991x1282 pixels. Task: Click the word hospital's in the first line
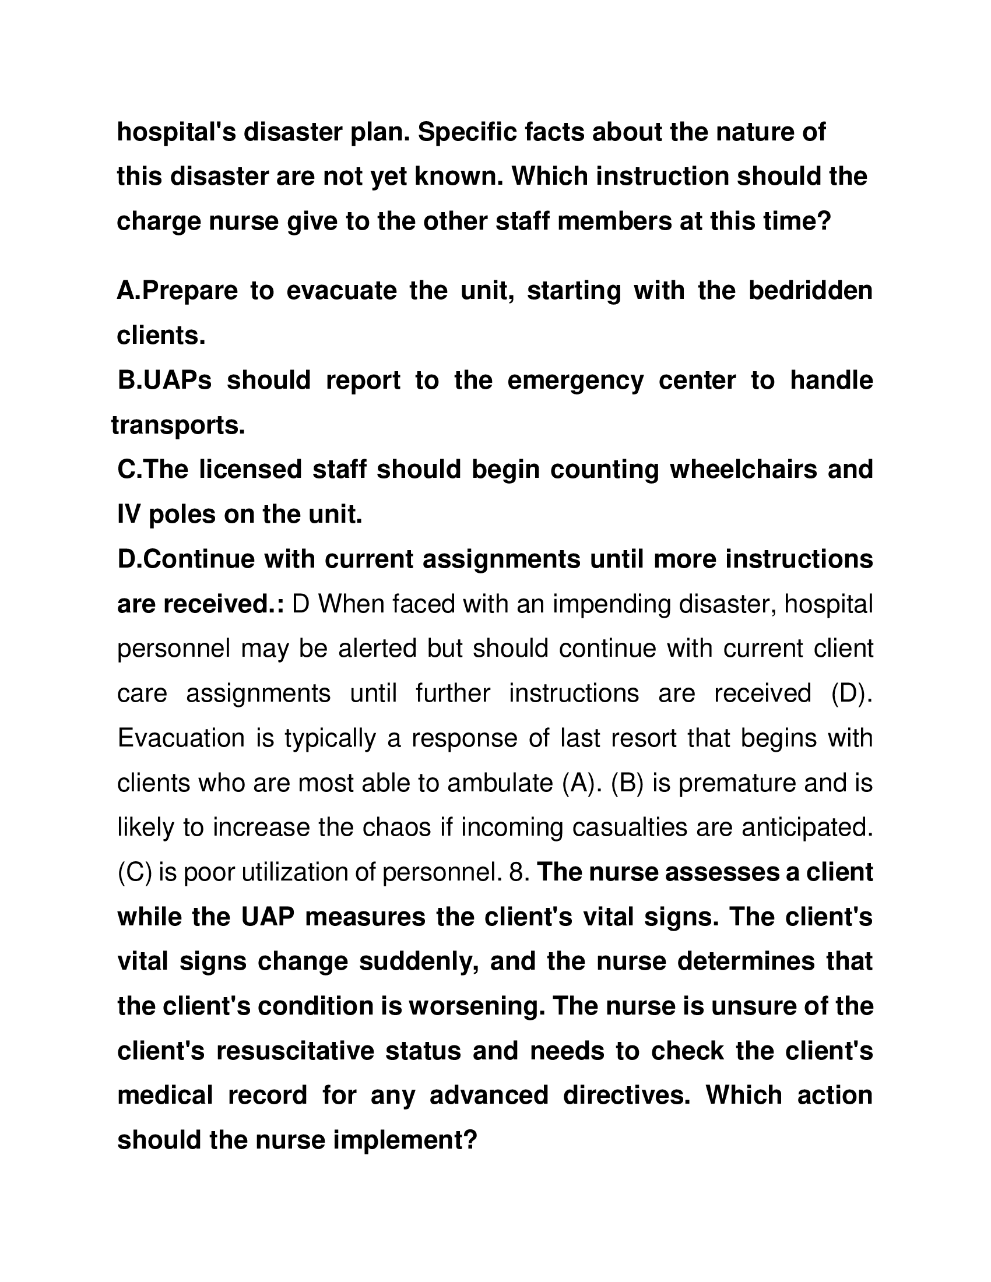[175, 133]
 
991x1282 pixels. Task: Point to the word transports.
[178, 425]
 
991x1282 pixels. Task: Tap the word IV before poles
[129, 515]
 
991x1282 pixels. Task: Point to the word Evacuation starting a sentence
[181, 738]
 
